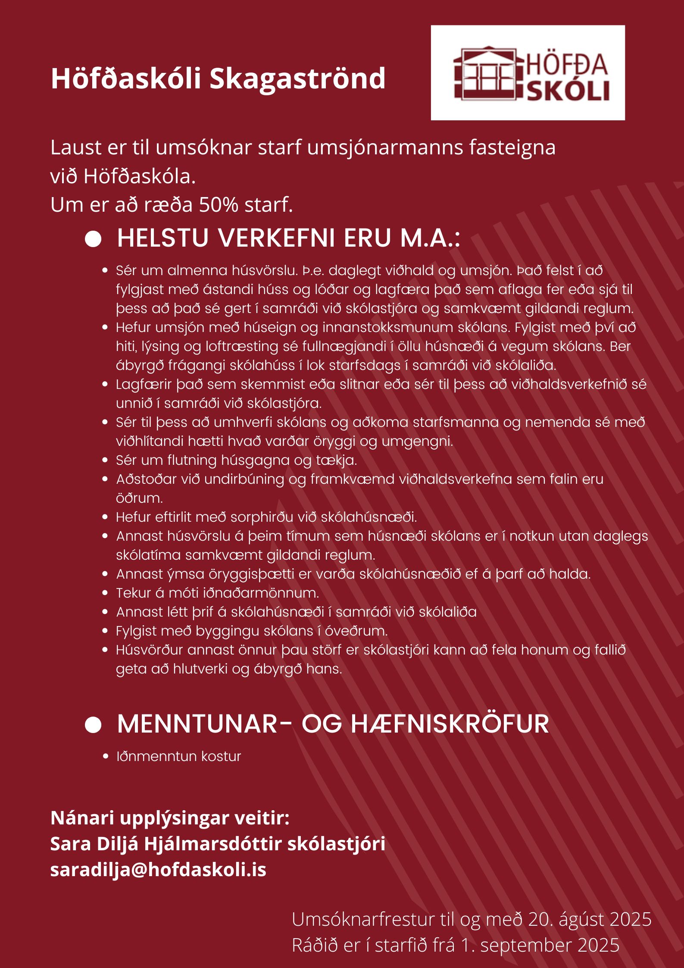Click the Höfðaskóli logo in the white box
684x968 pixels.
[528, 73]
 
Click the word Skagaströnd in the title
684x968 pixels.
[297, 78]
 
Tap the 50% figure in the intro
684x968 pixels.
[219, 205]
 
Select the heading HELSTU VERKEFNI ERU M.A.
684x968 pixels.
[288, 238]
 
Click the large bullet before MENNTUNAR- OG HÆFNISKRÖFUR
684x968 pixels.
[93, 724]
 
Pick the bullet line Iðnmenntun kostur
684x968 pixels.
[178, 756]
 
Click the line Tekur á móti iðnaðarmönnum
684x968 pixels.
[217, 593]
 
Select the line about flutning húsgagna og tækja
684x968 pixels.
[236, 460]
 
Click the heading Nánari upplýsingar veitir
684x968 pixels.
[170, 818]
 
